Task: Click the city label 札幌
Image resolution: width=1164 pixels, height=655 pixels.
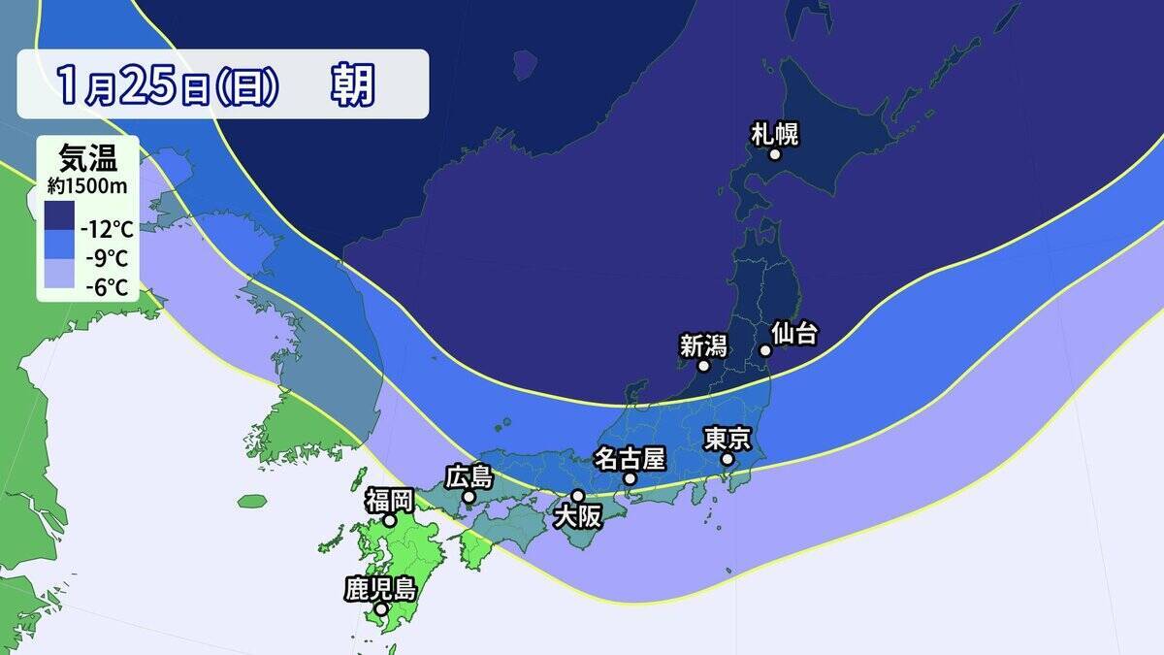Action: [774, 134]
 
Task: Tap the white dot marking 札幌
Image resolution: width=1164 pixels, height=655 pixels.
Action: [775, 154]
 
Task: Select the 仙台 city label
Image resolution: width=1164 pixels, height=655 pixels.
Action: [794, 334]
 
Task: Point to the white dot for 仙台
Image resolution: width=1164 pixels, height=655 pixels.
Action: [764, 350]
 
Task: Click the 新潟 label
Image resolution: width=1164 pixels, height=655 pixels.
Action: [702, 345]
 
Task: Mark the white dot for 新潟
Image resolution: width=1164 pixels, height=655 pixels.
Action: [704, 366]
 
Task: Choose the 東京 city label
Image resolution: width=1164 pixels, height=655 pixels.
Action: [727, 440]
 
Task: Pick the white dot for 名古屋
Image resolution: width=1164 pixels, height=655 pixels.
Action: [630, 478]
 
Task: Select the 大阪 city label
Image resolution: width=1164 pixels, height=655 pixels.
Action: [577, 517]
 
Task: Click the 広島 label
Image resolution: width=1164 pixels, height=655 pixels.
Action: [469, 477]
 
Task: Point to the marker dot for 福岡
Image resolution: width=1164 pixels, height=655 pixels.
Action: [390, 521]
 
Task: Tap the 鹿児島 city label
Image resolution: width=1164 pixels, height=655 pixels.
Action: [380, 589]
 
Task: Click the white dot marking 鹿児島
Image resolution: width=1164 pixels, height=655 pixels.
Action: [381, 609]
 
